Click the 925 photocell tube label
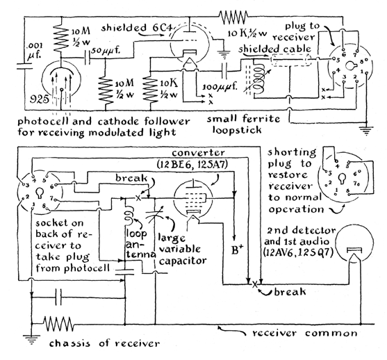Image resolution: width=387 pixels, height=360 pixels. pos(39,99)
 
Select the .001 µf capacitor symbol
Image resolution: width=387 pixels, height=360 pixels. pos(24,66)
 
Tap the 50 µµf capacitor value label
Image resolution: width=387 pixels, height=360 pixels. pos(106,51)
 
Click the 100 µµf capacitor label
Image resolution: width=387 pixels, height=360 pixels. pos(220,88)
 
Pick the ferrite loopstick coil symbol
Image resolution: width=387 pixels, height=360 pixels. pos(259,79)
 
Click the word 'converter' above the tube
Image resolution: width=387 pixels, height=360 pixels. pos(198,153)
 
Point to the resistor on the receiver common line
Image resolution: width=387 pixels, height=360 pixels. pos(58,324)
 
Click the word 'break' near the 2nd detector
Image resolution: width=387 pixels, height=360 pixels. pos(290,292)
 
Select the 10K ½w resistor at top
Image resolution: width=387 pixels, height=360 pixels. pos(233,17)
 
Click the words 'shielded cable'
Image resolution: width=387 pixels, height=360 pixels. pos(274,49)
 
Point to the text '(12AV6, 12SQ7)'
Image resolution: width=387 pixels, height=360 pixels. pos(299,252)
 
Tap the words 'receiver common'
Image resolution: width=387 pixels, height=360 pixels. pos(305,334)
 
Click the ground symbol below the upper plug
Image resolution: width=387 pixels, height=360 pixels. pos(366,130)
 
